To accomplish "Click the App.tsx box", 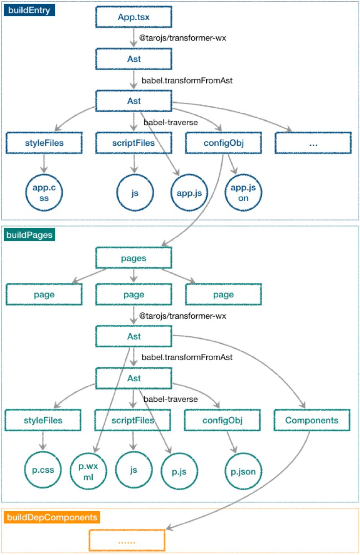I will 134,17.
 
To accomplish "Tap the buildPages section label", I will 30,235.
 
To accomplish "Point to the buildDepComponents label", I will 51,518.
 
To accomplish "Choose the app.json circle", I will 243,193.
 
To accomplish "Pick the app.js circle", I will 189,193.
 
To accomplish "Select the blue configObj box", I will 223,143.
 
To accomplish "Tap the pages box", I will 134,258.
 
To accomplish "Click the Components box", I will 312,420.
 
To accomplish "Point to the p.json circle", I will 243,471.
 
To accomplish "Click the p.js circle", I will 179,471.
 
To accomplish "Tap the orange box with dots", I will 127,540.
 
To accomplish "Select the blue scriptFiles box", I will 134,143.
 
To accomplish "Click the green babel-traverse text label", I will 170,399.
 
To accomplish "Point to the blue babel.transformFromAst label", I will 187,81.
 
